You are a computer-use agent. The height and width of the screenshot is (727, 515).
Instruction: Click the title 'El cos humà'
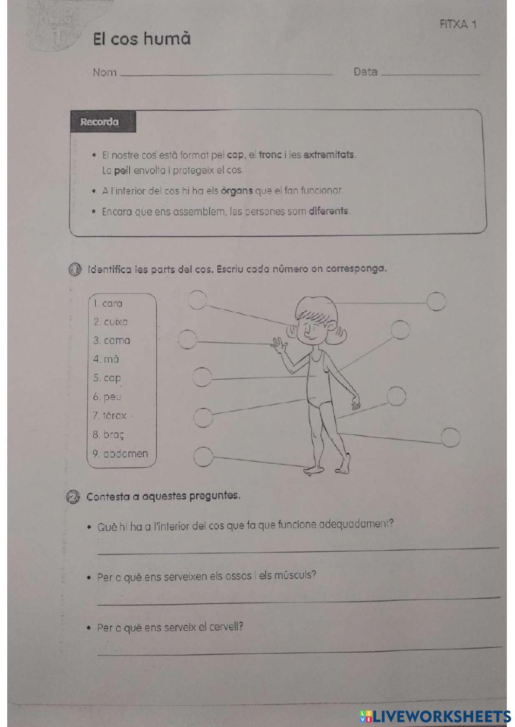(142, 39)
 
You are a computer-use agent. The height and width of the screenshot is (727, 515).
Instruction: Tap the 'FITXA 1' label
(458, 24)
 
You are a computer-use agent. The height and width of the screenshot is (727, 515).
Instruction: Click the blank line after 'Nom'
(227, 74)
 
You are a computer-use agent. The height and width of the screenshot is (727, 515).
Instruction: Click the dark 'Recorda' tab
(99, 122)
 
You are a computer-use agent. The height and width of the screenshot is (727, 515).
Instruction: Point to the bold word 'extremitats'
(329, 154)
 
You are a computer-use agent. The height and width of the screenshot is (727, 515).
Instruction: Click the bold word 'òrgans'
(236, 190)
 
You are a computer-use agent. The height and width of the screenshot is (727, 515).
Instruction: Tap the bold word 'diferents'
(329, 211)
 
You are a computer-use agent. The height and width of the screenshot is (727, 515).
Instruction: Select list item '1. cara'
(108, 304)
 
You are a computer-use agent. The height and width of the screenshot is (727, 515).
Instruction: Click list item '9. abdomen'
(120, 454)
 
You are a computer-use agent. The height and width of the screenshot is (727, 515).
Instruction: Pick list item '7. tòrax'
(110, 416)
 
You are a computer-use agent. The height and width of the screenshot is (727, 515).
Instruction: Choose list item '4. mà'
(106, 359)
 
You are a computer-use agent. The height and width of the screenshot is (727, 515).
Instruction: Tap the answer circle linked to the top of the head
(436, 302)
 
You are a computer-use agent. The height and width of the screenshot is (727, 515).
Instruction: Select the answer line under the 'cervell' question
(299, 650)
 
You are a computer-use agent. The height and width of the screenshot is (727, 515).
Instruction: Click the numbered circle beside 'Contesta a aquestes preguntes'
(74, 497)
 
